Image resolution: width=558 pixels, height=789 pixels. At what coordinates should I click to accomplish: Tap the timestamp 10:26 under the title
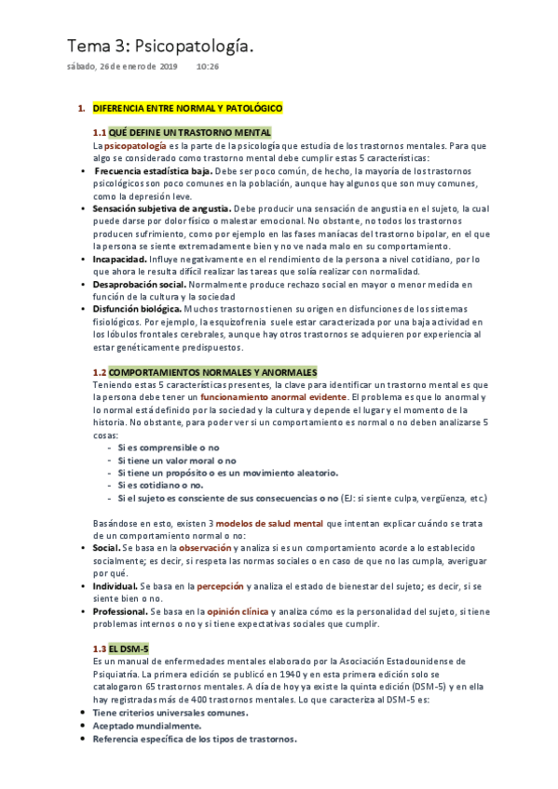click(208, 68)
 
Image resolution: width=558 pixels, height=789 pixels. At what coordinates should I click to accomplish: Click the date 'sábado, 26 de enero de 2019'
click(121, 68)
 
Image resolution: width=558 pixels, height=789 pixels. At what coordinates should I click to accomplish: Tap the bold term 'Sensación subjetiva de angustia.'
click(162, 209)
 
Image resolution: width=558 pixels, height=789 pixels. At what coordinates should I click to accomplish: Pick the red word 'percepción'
click(220, 587)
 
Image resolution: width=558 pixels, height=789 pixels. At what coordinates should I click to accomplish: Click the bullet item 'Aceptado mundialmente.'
click(147, 725)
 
